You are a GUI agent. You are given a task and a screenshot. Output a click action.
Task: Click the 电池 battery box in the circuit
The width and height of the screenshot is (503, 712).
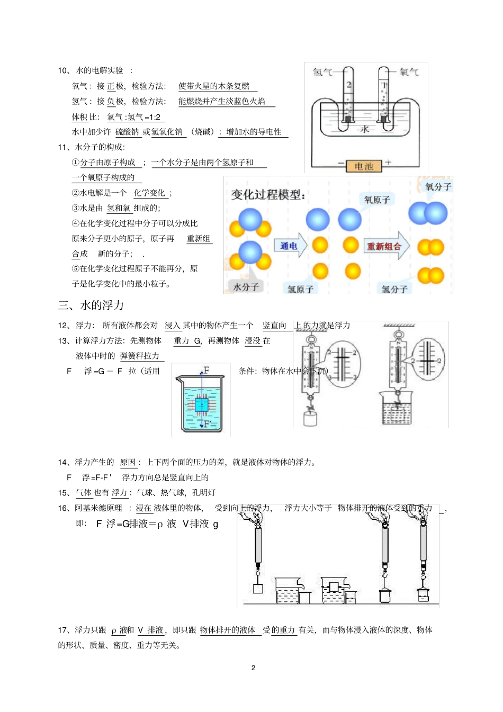tap(364, 166)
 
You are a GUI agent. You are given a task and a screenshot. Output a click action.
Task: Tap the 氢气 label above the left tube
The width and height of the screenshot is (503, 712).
tap(322, 72)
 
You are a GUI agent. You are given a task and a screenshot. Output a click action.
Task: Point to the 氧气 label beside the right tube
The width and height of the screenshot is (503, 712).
tap(409, 72)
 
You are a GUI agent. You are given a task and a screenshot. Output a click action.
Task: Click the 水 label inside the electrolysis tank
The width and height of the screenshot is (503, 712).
tap(365, 129)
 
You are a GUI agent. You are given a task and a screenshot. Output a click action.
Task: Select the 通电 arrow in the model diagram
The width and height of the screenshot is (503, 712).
tap(290, 246)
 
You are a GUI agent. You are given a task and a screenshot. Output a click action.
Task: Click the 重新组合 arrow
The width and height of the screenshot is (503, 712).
tap(386, 246)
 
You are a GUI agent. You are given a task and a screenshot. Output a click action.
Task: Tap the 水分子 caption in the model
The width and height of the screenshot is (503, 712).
tap(246, 287)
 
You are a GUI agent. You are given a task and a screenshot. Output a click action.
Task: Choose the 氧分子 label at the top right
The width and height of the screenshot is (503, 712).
tap(438, 187)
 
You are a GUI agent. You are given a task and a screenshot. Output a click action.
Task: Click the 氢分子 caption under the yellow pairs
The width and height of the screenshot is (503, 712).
tap(394, 289)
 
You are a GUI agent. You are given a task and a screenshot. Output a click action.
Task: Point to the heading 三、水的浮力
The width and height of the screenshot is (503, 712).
tap(91, 305)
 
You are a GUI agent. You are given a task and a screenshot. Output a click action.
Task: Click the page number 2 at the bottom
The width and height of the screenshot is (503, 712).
tap(253, 668)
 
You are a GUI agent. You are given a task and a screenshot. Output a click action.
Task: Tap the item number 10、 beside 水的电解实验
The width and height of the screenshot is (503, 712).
tap(64, 70)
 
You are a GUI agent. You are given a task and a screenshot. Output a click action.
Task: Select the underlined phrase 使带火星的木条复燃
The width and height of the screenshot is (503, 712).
tap(214, 86)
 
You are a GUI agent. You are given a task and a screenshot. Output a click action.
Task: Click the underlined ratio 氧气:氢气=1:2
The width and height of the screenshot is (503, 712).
tap(134, 118)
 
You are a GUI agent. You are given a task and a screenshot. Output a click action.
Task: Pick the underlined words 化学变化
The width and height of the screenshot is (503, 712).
tap(149, 193)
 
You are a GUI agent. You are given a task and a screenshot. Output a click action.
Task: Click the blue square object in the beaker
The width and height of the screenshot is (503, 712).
tap(202, 405)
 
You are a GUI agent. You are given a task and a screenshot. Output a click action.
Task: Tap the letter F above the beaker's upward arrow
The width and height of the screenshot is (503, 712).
tap(206, 370)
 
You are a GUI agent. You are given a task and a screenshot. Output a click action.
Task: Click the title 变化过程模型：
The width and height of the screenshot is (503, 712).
tap(268, 195)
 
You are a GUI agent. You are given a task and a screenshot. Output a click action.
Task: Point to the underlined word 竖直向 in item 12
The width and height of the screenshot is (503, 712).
tap(274, 326)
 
